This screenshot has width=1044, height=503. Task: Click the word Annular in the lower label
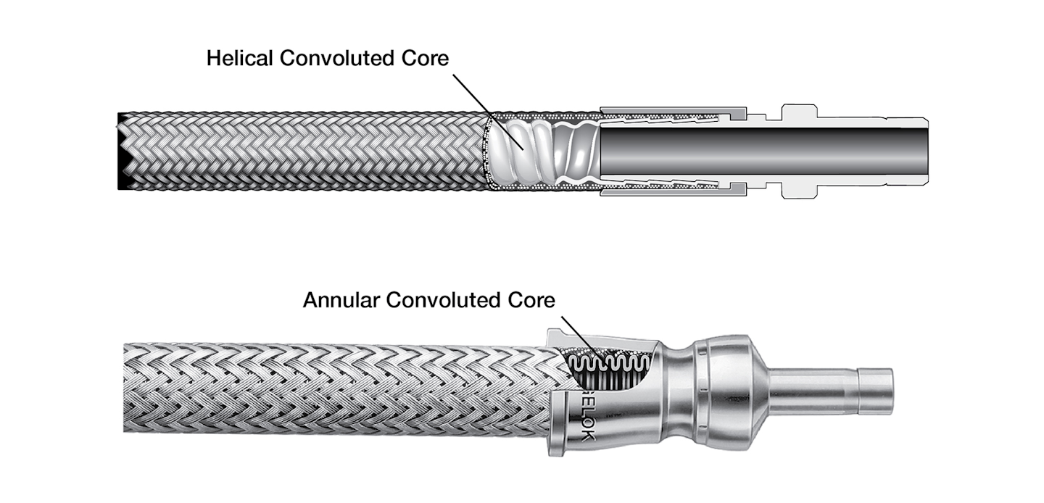tap(341, 299)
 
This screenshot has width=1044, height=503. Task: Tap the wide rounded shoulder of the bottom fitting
tap(725, 391)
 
